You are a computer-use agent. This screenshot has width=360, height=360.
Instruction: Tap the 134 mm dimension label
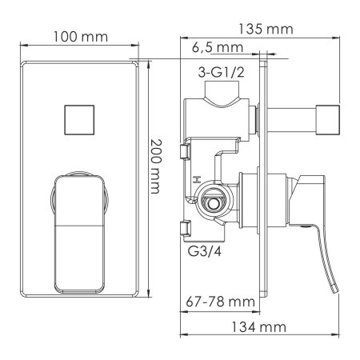pos(262,327)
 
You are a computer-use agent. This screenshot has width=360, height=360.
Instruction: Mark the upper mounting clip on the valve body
pos(186,152)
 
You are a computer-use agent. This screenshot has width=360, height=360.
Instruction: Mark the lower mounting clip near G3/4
pos(186,227)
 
